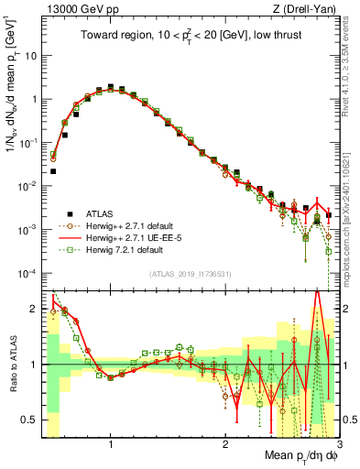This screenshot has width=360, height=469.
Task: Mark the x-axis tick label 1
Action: [111, 444]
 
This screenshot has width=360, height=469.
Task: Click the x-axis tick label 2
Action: [225, 444]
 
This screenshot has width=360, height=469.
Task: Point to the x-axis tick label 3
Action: [337, 444]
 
